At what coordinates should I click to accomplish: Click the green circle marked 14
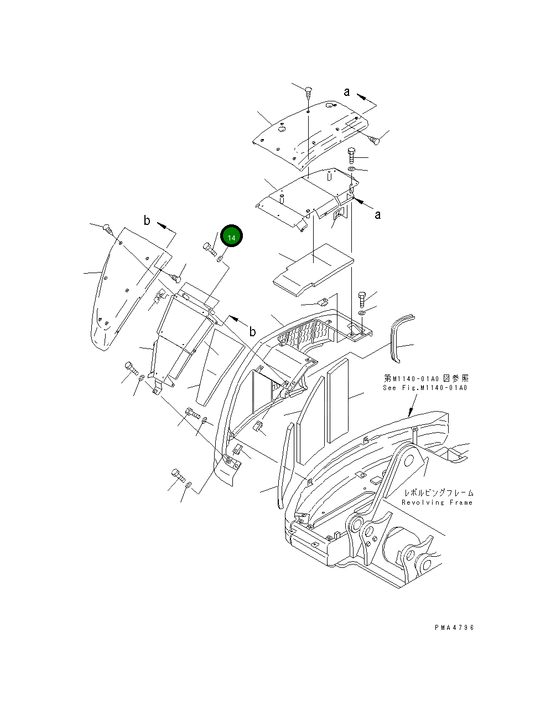231,237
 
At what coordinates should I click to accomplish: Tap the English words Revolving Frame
437,502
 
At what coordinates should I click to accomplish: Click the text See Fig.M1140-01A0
425,388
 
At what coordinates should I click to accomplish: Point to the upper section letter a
347,92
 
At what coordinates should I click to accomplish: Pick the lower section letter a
377,214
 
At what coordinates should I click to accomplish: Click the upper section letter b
147,220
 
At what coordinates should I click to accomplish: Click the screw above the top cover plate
308,92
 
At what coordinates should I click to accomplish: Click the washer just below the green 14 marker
220,258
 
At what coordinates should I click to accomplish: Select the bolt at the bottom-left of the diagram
178,475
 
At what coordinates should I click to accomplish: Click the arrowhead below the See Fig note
409,413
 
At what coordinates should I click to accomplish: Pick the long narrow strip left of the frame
283,465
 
